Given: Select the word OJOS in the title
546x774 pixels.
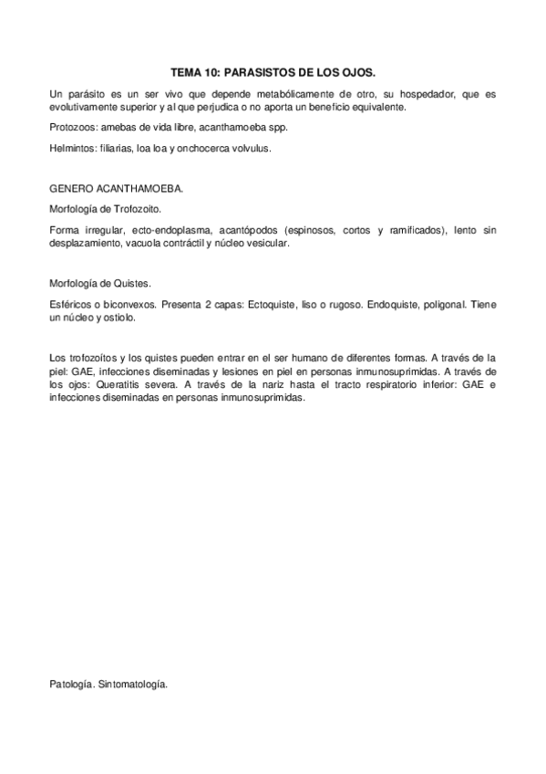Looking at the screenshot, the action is tap(356, 70).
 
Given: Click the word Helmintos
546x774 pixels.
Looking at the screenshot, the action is tap(71, 146).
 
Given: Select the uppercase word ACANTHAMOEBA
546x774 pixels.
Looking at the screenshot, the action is tap(140, 189).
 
